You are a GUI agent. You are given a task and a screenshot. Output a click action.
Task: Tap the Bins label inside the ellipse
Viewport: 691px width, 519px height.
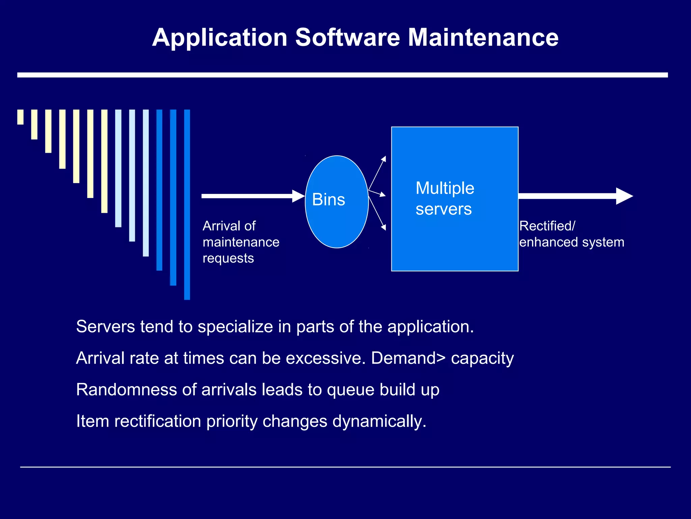pyautogui.click(x=328, y=199)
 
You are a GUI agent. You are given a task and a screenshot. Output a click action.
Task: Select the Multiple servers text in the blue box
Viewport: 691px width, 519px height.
pyautogui.click(x=445, y=198)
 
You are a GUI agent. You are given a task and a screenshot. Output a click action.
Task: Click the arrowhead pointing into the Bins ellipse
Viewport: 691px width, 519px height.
pyautogui.click(x=298, y=196)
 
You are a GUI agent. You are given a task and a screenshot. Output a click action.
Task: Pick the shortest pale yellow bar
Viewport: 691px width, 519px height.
pyautogui.click(x=20, y=117)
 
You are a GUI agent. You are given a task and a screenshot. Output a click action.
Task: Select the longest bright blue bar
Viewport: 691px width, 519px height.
pyautogui.click(x=187, y=204)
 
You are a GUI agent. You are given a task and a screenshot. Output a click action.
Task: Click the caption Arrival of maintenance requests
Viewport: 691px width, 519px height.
pyautogui.click(x=241, y=242)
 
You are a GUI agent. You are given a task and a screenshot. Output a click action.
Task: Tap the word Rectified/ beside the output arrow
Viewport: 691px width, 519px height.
pyautogui.click(x=547, y=226)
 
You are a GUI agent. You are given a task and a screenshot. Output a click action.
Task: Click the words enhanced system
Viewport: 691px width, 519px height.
pyautogui.click(x=572, y=242)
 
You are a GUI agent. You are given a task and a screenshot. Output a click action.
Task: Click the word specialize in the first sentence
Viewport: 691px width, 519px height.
pyautogui.click(x=235, y=327)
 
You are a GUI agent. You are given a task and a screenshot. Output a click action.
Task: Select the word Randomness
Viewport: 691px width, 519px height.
pyautogui.click(x=127, y=390)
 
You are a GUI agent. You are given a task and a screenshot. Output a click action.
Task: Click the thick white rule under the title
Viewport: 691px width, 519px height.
pyautogui.click(x=342, y=75)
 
